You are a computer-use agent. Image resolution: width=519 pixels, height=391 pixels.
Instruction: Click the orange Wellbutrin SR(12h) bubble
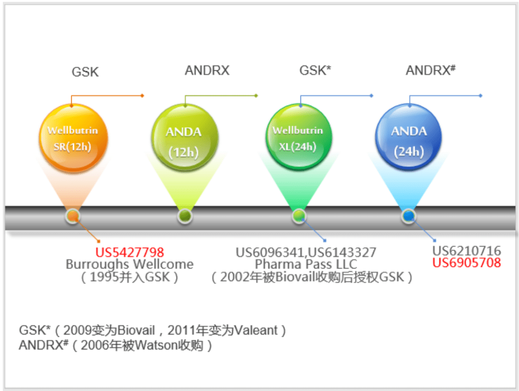73,138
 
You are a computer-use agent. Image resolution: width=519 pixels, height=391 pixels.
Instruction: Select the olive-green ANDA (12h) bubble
185,138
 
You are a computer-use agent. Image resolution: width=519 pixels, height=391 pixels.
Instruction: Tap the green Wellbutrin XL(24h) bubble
299,137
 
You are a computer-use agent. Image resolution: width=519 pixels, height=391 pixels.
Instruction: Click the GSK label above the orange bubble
85,72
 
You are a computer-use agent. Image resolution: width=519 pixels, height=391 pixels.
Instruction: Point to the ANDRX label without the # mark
207,71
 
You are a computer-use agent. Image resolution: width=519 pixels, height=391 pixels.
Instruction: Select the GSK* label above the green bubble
315,71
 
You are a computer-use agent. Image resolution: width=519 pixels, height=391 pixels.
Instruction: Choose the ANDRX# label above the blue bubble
431,70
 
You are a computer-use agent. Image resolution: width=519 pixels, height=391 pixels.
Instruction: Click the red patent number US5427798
130,252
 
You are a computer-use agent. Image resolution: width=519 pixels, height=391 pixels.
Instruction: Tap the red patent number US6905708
467,263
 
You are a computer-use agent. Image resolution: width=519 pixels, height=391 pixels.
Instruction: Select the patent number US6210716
467,251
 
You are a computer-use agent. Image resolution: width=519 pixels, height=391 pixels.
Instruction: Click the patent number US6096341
270,253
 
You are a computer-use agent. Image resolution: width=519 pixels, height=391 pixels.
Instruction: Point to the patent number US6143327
342,253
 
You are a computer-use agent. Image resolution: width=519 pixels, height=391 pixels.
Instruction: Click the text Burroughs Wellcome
129,264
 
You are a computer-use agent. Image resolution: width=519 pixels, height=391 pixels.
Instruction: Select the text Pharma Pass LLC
306,264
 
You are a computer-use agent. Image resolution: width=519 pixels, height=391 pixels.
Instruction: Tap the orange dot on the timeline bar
73,216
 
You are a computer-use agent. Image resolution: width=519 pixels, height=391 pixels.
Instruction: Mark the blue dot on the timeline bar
408,216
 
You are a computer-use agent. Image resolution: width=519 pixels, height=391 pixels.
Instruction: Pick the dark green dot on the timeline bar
185,216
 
